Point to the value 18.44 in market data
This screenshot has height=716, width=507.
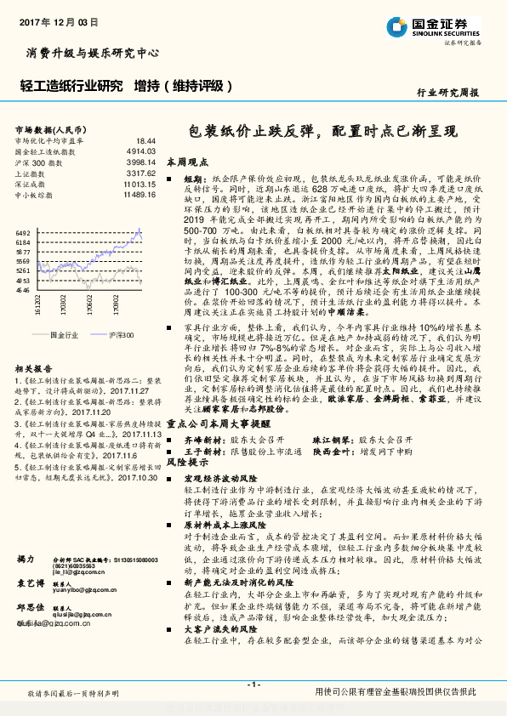pos(145,140)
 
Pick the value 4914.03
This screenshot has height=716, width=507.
pos(142,151)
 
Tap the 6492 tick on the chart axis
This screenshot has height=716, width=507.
pos(23,232)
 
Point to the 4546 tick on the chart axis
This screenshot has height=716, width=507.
pos(23,290)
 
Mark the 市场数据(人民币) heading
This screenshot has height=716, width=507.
pos(48,129)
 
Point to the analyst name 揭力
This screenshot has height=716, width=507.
pos(25,558)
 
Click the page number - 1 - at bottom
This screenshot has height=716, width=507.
pos(253,685)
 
